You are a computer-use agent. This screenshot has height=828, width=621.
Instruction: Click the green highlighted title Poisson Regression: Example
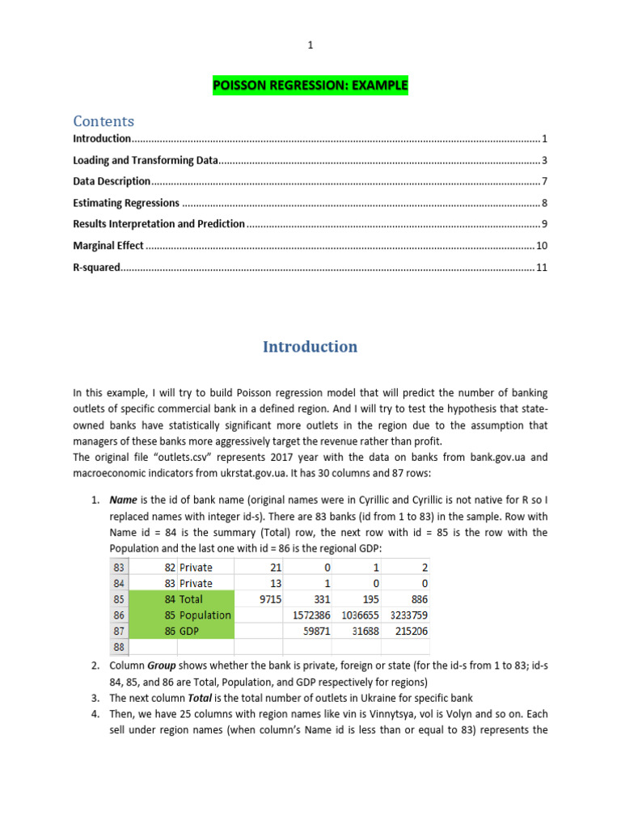tap(310, 85)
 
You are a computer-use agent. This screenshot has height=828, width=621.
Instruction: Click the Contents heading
tap(103, 121)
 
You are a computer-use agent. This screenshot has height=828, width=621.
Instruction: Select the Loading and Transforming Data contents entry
tap(146, 160)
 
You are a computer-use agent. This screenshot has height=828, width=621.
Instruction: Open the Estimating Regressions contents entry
tap(126, 203)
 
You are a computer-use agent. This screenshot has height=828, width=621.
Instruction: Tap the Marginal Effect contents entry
tap(108, 245)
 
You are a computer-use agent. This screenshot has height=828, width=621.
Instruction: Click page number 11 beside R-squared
tap(542, 266)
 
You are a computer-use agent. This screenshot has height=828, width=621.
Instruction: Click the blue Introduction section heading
tap(310, 347)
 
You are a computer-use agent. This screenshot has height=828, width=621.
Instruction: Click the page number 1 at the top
tap(310, 46)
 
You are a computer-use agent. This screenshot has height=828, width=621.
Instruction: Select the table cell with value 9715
tap(259, 599)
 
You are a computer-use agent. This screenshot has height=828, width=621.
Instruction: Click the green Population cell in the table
tap(205, 615)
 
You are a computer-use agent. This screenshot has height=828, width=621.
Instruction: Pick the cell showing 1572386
tap(307, 615)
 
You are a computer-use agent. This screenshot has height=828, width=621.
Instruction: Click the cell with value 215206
tap(405, 631)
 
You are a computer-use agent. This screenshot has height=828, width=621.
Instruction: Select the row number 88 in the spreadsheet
tap(119, 647)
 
